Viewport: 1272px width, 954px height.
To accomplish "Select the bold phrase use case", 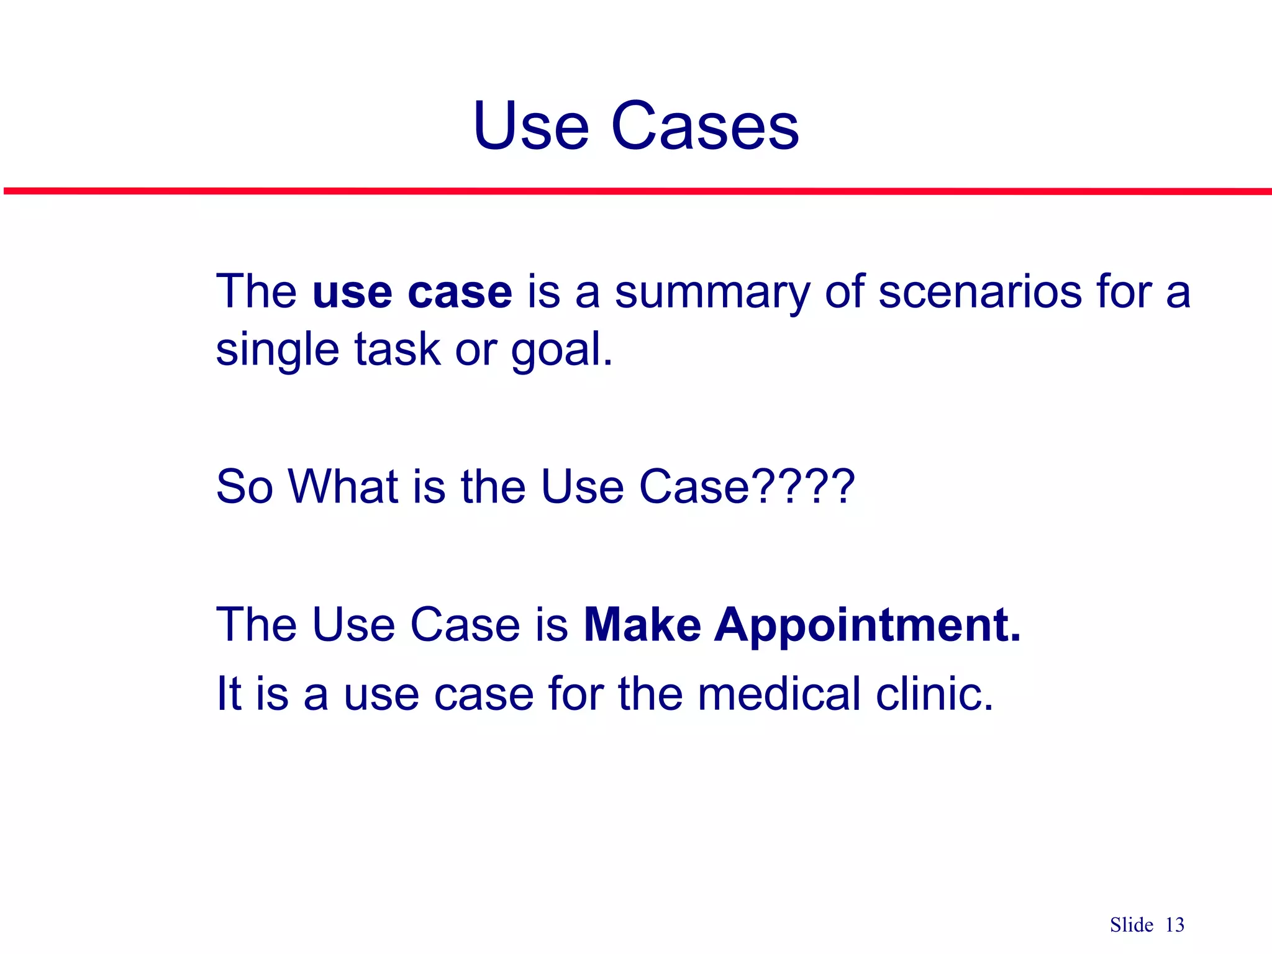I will point(412,292).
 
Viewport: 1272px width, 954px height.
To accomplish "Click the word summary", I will point(712,292).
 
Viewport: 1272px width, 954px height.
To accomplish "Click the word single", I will point(277,350).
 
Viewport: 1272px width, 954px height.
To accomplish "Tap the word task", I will point(397,350).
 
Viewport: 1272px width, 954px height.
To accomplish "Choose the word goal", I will point(561,350).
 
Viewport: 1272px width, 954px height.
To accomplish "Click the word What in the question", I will point(343,486).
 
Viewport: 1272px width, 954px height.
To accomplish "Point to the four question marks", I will point(805,486).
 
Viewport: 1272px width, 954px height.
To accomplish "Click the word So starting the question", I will point(244,486).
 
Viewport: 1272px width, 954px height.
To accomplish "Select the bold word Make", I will point(642,625).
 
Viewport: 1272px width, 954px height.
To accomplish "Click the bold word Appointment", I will point(867,625).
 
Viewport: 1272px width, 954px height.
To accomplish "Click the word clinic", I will point(935,694).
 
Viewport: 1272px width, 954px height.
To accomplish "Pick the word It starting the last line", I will point(229,694).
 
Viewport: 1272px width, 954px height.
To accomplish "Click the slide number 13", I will point(1174,925).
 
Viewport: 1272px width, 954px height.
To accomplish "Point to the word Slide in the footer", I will point(1132,925).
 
